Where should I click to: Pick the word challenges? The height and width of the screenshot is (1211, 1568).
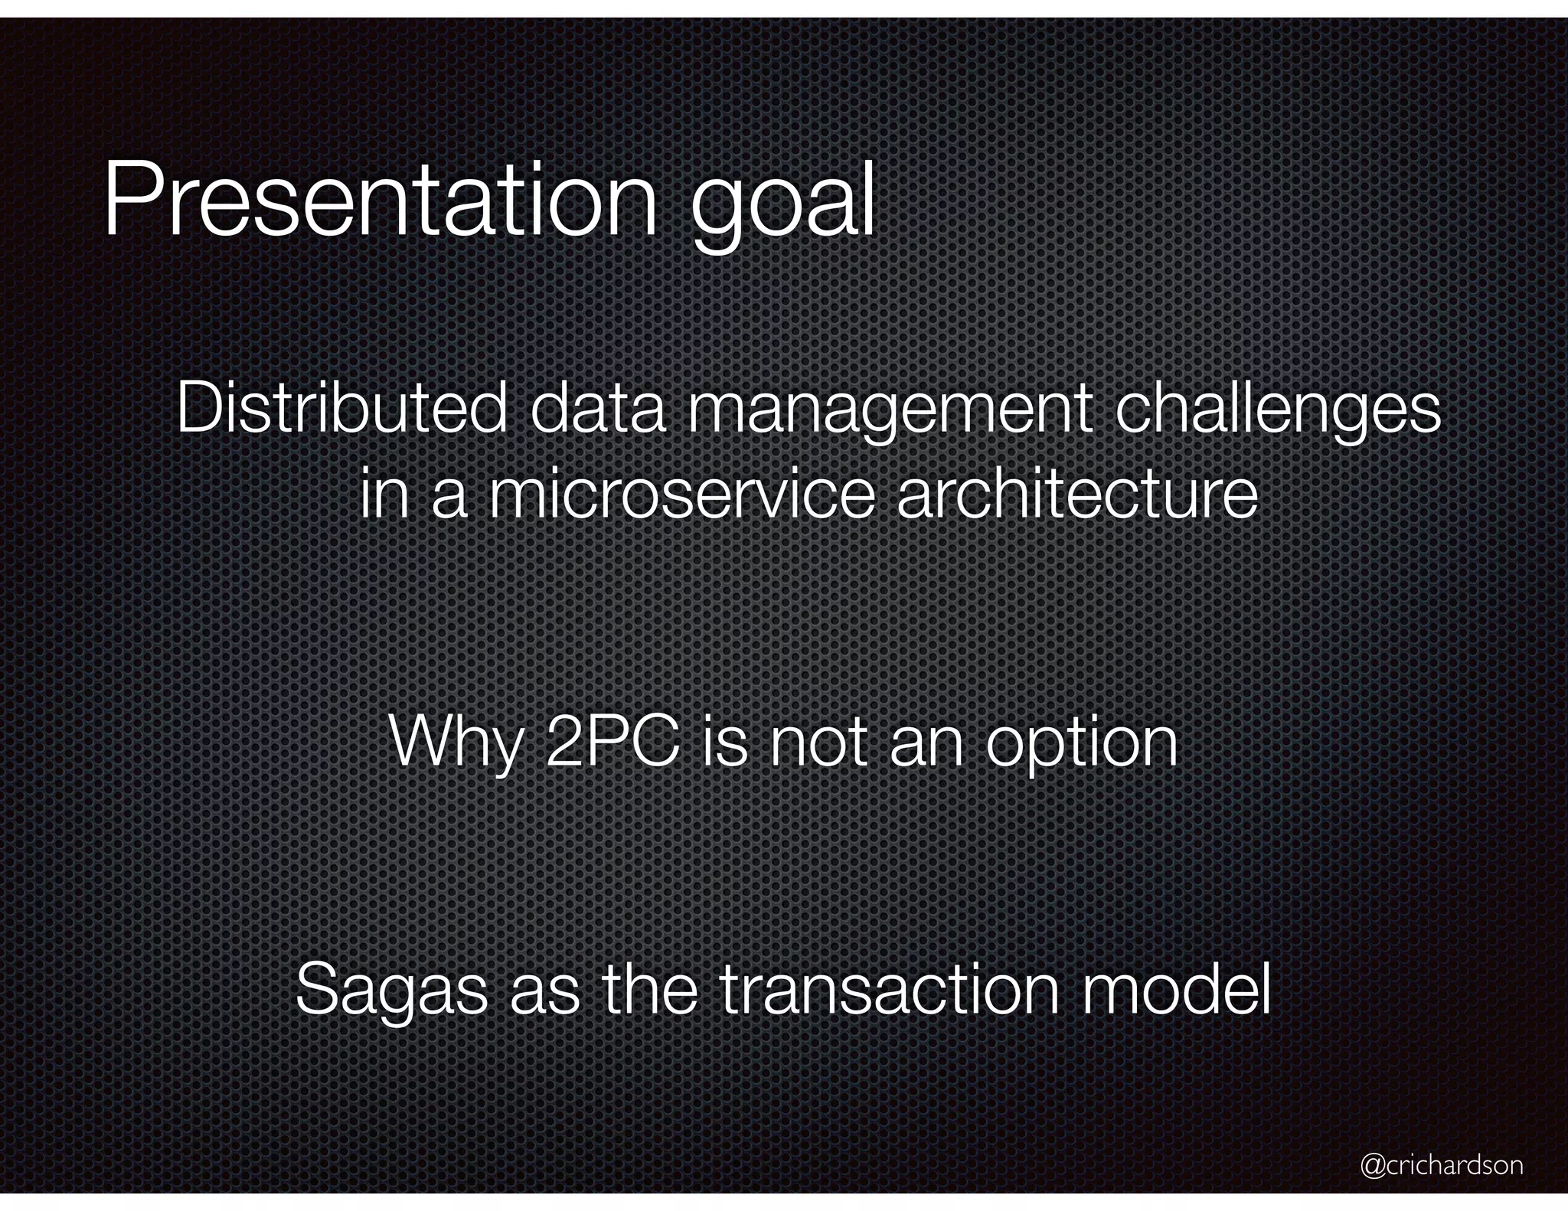[x=1277, y=412]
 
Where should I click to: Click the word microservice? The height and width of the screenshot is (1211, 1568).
[x=681, y=495]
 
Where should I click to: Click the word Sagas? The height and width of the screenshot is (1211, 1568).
[x=391, y=991]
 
